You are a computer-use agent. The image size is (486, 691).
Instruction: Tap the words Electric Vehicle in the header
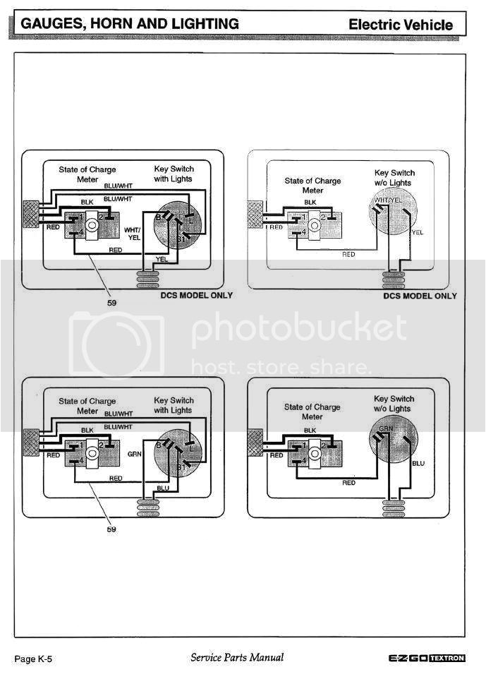tap(401, 25)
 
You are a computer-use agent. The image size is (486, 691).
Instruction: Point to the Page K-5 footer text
tap(33, 659)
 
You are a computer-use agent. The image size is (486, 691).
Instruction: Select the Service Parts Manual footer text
tap(237, 658)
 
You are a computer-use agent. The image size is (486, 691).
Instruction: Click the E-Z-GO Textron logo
tap(427, 659)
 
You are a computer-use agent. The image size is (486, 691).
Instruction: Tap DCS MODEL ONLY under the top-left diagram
tap(196, 295)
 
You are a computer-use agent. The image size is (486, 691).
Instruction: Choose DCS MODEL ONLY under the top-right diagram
tap(420, 295)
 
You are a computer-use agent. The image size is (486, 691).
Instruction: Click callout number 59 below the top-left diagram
tap(111, 302)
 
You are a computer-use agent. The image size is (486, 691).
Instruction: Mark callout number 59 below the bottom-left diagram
tap(111, 529)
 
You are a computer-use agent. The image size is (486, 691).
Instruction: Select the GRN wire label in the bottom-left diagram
tap(135, 455)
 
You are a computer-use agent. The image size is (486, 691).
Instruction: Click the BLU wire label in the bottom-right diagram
tap(418, 464)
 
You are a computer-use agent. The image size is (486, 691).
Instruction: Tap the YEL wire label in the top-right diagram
tap(418, 232)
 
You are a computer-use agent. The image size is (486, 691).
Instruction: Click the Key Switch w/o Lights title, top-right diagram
tap(394, 178)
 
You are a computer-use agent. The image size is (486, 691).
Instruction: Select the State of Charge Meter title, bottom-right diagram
tap(312, 411)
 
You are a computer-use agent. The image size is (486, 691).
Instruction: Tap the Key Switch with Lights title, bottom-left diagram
tap(173, 404)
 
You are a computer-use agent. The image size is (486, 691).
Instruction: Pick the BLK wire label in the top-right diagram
tap(310, 202)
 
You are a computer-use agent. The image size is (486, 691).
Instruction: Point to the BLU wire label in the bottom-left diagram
tap(163, 488)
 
